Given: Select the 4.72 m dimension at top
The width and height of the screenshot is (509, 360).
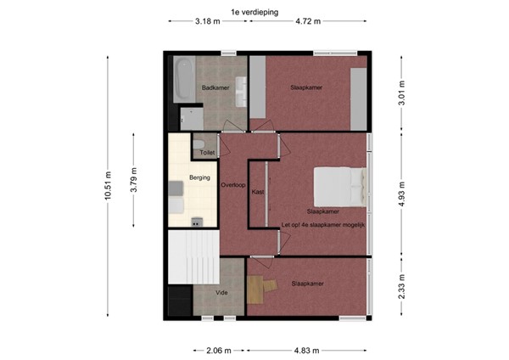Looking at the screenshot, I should tap(306, 22).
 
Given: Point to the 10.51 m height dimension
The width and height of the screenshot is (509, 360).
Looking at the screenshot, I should tap(108, 183).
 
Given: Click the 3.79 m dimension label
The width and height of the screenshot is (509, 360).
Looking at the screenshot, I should tap(134, 180).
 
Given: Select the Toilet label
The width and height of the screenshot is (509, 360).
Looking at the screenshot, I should tap(206, 152).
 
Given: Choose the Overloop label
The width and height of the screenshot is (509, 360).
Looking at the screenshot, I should tap(233, 184).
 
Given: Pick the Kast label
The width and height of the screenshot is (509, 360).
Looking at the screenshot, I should tap(258, 193).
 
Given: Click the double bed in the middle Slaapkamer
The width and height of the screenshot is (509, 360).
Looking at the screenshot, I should tap(341, 183).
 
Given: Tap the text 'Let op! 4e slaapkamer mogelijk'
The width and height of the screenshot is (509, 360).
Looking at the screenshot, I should tap(322, 223).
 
